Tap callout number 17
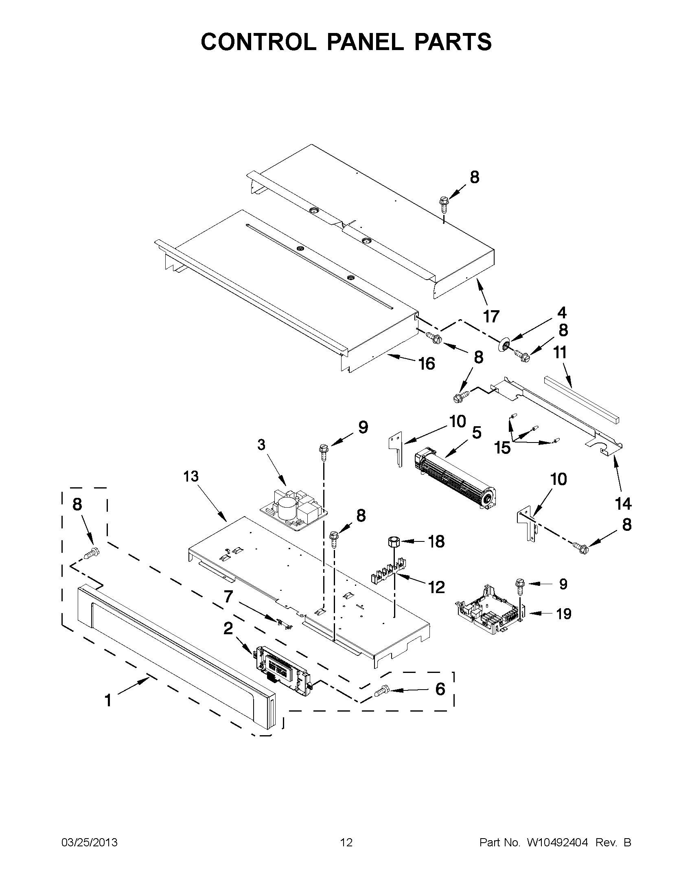click(x=491, y=316)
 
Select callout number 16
click(x=427, y=364)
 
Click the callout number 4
click(x=562, y=313)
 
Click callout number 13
click(x=191, y=476)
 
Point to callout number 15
click(x=502, y=448)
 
